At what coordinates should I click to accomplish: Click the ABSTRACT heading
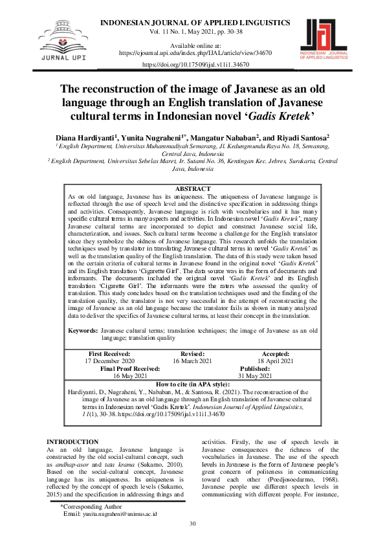coord(192,188)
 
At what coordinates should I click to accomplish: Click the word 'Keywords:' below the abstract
coord(83,330)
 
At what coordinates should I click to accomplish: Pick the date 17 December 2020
coord(109,361)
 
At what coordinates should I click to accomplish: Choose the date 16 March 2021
coord(193,361)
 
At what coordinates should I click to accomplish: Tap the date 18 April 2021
coord(275,361)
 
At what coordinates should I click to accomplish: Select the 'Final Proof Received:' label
coord(130,368)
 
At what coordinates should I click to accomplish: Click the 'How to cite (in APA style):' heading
coord(192,384)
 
